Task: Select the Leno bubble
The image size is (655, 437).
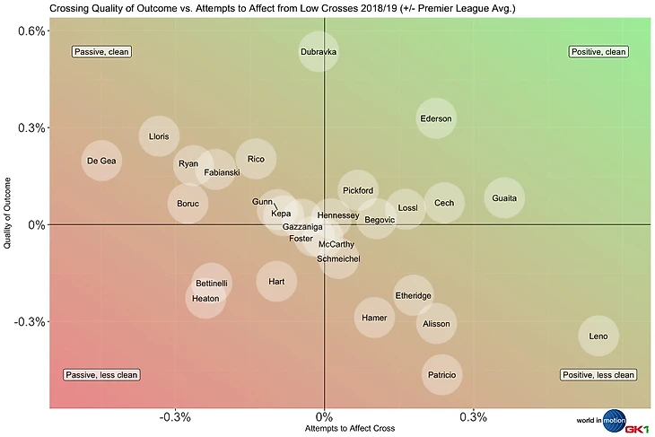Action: click(x=598, y=336)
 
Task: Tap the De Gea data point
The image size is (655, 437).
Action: click(x=100, y=162)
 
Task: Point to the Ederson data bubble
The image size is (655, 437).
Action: click(x=436, y=118)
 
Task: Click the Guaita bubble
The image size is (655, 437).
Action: click(x=504, y=198)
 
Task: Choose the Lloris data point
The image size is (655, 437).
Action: click(x=159, y=136)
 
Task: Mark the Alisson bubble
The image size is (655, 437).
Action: click(x=436, y=324)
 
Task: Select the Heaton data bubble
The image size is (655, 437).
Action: click(x=205, y=298)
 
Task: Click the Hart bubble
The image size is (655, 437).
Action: click(x=276, y=281)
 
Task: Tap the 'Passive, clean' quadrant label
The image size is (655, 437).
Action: click(x=102, y=51)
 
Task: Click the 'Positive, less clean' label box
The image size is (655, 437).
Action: click(x=598, y=375)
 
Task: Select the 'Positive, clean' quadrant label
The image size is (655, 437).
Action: click(x=598, y=51)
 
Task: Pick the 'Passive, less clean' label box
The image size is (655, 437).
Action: click(x=102, y=375)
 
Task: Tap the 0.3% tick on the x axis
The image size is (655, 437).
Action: click(x=473, y=416)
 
